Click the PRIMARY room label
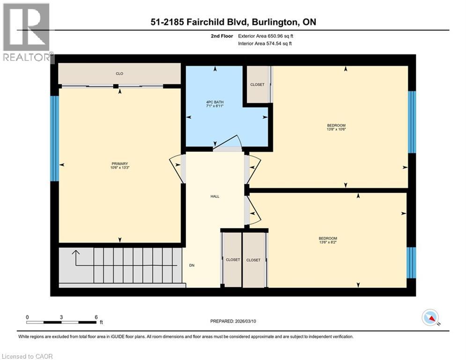point(119,164)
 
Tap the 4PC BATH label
point(215,102)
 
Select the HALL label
point(215,196)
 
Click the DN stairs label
point(192,265)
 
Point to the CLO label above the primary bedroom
point(119,74)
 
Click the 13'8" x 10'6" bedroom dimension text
point(336,130)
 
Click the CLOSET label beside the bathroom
point(257,85)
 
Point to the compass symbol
point(430,318)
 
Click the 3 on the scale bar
point(61,317)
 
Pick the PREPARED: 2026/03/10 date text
point(233,321)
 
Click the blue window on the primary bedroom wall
point(54,139)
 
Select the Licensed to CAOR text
point(27,356)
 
